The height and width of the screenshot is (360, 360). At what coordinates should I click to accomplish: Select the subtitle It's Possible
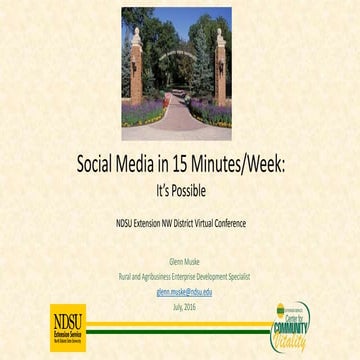tap(180, 187)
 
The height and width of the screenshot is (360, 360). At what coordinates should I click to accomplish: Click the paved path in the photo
tap(180, 115)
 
